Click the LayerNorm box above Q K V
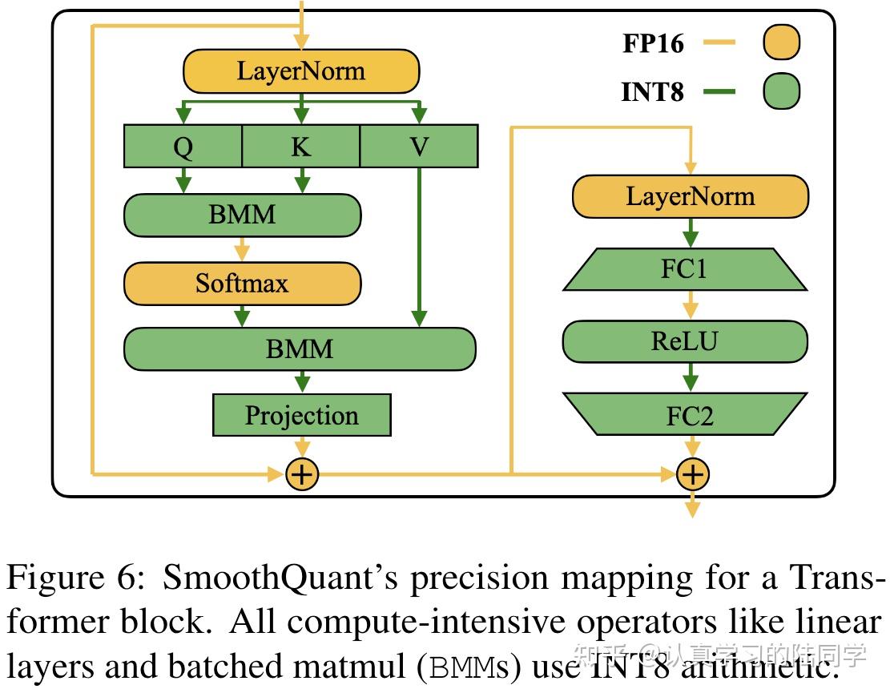click(301, 71)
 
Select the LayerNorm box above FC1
click(690, 196)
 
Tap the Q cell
click(183, 147)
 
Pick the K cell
click(300, 147)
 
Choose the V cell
click(419, 147)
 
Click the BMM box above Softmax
click(242, 215)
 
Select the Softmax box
click(242, 283)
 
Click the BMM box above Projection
click(300, 349)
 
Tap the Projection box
click(301, 415)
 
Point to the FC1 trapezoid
click(685, 269)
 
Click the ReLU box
click(685, 341)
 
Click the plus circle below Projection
click(302, 474)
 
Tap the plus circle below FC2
click(691, 474)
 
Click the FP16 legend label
click(653, 42)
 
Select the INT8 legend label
click(653, 92)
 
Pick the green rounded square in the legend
click(781, 91)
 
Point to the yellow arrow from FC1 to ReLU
click(690, 305)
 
